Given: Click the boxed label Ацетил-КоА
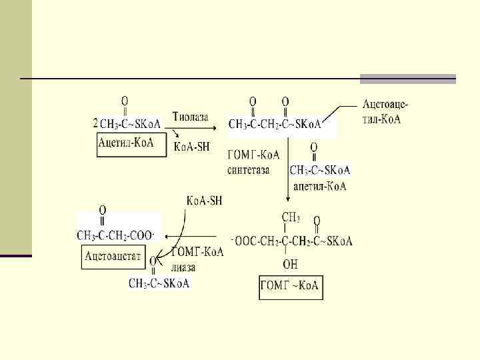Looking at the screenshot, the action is (x=126, y=142).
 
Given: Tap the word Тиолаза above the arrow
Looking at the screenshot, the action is (x=190, y=117).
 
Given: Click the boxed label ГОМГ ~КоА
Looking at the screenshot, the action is (x=291, y=288).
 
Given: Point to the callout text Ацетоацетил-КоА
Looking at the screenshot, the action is (x=385, y=111).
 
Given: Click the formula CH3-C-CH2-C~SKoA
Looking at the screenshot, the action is (x=275, y=124).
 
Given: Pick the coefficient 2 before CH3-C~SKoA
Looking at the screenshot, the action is (x=95, y=123).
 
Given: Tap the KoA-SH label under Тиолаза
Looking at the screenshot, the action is (x=191, y=147).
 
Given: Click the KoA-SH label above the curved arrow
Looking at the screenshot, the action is (x=204, y=201).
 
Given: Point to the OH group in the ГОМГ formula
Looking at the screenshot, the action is (x=290, y=265).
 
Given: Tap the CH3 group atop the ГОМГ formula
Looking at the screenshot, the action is (x=290, y=217).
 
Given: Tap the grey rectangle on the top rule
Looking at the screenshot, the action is (x=407, y=79).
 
